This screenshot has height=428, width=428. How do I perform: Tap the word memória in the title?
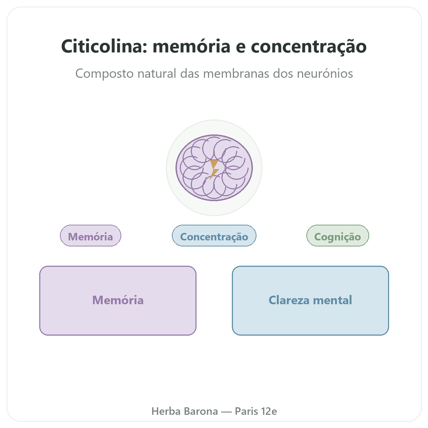click(192, 46)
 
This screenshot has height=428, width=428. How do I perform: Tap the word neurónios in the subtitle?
click(325, 73)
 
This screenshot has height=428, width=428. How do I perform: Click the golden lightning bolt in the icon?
click(214, 169)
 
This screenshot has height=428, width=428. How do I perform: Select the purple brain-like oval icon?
click(214, 168)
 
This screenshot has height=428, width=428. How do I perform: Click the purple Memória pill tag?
click(91, 236)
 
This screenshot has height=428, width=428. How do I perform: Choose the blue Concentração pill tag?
click(214, 236)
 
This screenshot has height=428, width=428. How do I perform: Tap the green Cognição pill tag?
click(338, 236)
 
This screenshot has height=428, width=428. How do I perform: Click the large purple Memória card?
click(118, 301)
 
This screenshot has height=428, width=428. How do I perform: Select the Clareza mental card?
click(310, 301)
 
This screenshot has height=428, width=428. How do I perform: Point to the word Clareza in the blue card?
click(289, 300)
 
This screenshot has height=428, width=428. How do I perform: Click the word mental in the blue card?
click(332, 300)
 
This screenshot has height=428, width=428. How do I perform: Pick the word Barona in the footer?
click(201, 411)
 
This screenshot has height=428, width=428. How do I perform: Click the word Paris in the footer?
click(246, 411)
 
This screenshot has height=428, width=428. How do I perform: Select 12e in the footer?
click(269, 411)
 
